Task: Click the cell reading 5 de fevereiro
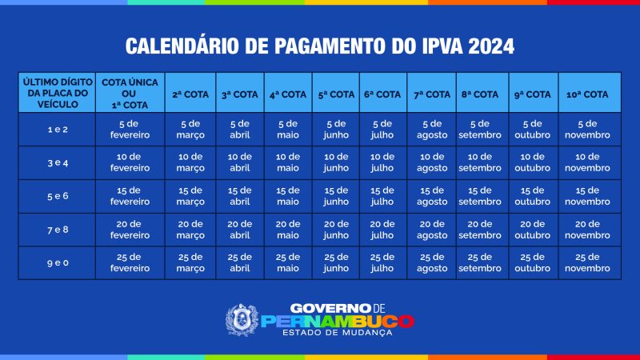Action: coord(130,130)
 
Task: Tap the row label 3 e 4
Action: coord(58,163)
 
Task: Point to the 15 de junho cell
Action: coord(336,196)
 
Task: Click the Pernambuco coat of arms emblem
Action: coord(242,320)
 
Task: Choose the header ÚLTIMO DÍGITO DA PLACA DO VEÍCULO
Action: coord(58,93)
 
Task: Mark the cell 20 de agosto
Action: coord(432,230)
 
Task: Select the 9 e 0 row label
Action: coord(58,263)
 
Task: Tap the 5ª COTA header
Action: coord(336,94)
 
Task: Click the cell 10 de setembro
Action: coord(479,162)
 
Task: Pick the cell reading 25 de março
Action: coord(190,263)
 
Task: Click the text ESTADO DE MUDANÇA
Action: coord(337,333)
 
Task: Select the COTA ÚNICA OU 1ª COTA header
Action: coord(130,94)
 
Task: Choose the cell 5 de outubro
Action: coord(532,130)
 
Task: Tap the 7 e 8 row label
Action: coord(58,230)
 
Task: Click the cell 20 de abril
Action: coord(239,230)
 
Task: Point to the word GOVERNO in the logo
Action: coord(326,308)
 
